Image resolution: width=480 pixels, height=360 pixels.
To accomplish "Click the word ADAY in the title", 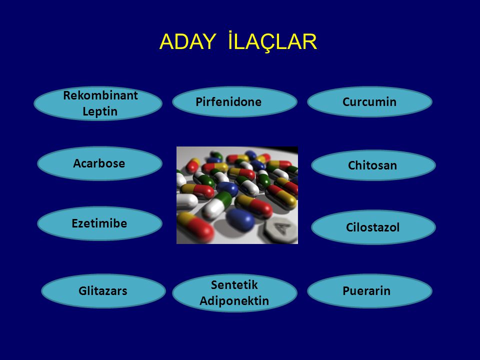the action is pyautogui.click(x=187, y=41).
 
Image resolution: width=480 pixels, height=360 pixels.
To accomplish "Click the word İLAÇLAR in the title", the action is pyautogui.click(x=272, y=40).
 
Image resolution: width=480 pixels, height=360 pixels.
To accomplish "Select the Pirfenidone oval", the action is pyautogui.click(x=234, y=101).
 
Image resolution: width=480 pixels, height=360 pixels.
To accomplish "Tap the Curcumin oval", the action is pyautogui.click(x=369, y=101).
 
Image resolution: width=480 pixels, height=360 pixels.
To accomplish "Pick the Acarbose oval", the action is pyautogui.click(x=99, y=163).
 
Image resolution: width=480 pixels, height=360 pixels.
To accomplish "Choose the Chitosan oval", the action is pyautogui.click(x=373, y=165).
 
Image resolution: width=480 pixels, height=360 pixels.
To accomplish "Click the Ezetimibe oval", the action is pyautogui.click(x=99, y=223).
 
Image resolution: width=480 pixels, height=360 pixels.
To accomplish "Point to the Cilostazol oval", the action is pyautogui.click(x=373, y=227).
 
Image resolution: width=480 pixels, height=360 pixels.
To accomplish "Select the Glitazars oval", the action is pyautogui.click(x=103, y=291).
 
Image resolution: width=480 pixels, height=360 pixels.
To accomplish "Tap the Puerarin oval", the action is pyautogui.click(x=369, y=291).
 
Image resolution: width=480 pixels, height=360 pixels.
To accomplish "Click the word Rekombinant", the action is pyautogui.click(x=100, y=95).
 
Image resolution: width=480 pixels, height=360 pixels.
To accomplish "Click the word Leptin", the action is pyautogui.click(x=100, y=111).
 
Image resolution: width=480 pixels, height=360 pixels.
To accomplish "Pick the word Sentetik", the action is pyautogui.click(x=234, y=285).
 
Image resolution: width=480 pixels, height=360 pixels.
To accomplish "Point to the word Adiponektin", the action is pyautogui.click(x=234, y=301).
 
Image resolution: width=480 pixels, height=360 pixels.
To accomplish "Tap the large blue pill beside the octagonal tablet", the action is pyautogui.click(x=240, y=219).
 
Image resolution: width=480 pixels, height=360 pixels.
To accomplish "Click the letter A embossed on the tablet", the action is pyautogui.click(x=280, y=228).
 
